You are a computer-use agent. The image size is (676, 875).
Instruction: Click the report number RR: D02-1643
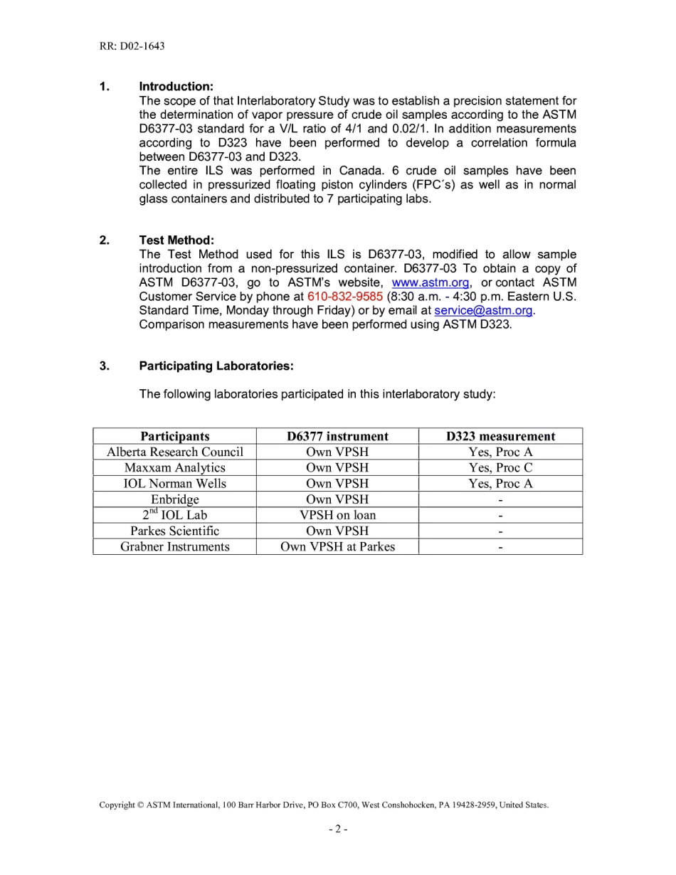[x=132, y=46]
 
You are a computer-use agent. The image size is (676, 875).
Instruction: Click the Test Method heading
[x=176, y=240]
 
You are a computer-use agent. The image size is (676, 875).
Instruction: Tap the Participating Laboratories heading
[x=216, y=366]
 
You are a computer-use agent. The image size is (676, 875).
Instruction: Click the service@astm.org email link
[x=483, y=310]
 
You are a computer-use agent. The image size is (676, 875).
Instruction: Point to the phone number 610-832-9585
[x=345, y=297]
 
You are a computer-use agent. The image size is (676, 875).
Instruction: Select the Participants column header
[x=174, y=436]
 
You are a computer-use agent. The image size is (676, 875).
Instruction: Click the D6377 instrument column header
[x=337, y=436]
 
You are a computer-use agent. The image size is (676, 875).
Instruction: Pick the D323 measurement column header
[x=500, y=436]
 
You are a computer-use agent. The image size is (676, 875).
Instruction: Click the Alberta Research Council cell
[x=174, y=452]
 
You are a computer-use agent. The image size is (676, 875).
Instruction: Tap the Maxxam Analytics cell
[x=174, y=467]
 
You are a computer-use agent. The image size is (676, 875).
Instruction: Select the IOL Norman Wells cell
[x=174, y=484]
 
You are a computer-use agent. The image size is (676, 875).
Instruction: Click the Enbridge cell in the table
[x=174, y=499]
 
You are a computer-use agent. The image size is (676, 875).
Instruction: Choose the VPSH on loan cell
[x=337, y=515]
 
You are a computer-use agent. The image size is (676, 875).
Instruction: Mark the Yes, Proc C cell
[x=500, y=467]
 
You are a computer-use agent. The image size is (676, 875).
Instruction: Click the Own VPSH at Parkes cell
[x=337, y=546]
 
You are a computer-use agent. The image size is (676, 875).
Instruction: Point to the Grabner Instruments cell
[x=174, y=546]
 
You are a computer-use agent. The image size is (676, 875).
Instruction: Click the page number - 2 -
[x=338, y=829]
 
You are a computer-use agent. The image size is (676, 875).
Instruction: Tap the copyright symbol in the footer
[x=139, y=805]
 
